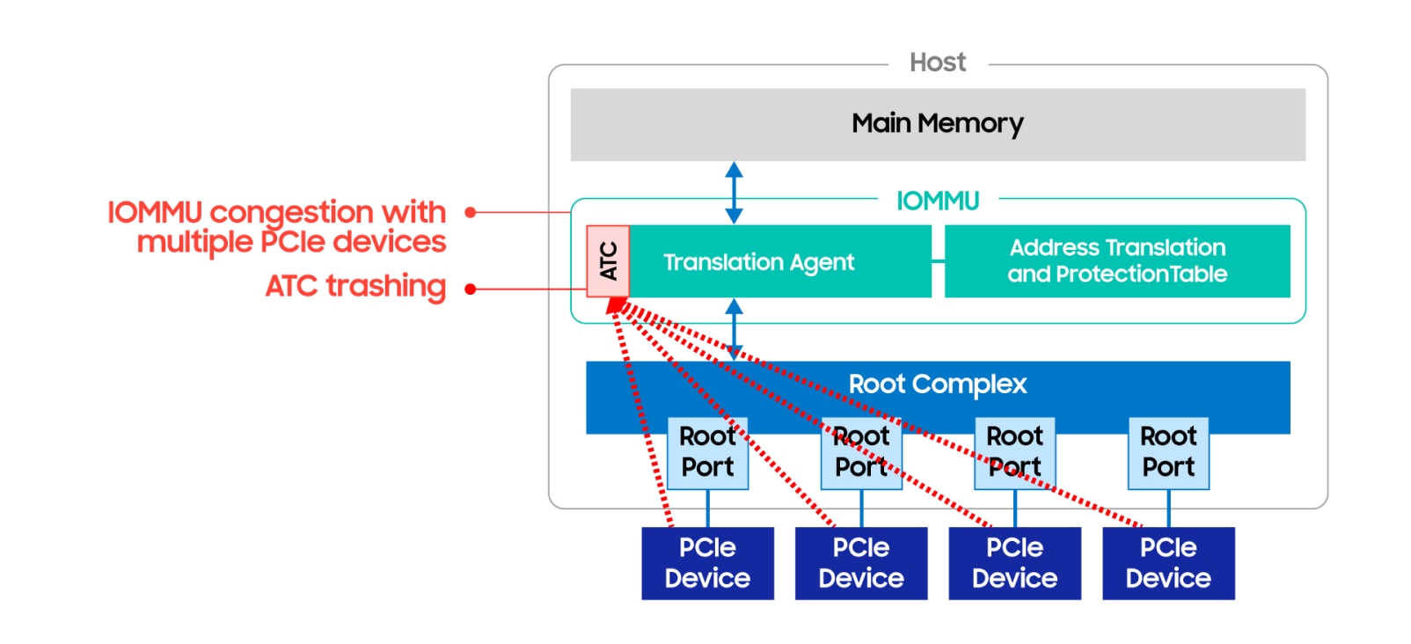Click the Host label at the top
click(937, 62)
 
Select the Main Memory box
click(937, 124)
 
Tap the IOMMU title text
click(937, 201)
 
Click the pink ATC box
click(608, 261)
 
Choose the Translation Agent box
click(779, 261)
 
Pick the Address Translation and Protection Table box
click(1116, 261)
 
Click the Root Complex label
click(937, 384)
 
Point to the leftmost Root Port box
click(707, 452)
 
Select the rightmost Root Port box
click(1168, 452)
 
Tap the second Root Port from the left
click(861, 452)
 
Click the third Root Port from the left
click(1014, 452)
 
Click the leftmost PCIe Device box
click(707, 563)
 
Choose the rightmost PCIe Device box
click(1168, 563)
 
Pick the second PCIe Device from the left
click(861, 563)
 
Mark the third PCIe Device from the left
click(1014, 563)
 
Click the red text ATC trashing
click(355, 287)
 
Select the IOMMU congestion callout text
click(276, 227)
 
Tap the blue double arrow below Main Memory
click(734, 193)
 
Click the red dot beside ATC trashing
click(471, 289)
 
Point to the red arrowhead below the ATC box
click(617, 305)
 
